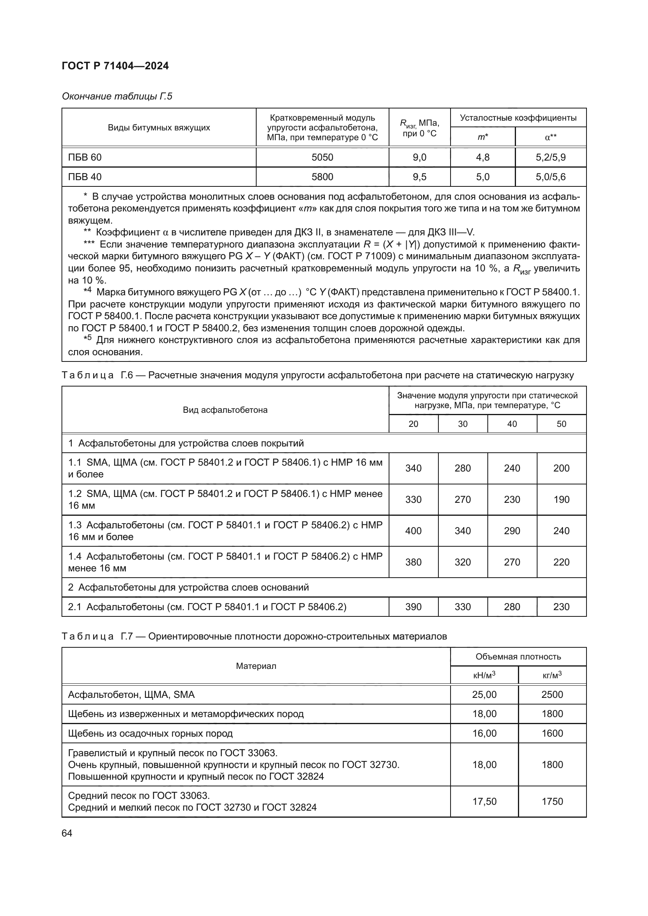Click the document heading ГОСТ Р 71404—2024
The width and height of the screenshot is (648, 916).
click(x=115, y=66)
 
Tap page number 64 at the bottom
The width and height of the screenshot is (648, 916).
click(x=67, y=833)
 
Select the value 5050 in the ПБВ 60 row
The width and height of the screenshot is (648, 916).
click(x=322, y=157)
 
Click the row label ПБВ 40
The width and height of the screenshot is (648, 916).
click(x=85, y=177)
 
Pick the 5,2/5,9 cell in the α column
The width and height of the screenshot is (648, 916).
click(x=550, y=157)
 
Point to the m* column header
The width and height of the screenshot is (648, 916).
click(x=482, y=137)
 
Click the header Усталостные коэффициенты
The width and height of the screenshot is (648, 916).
click(x=518, y=118)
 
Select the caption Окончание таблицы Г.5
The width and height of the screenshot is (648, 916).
click(x=117, y=96)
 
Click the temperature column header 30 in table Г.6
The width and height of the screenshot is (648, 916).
click(x=462, y=424)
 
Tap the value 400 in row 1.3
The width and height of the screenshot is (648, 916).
click(x=413, y=531)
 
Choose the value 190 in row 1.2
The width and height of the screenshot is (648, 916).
click(x=561, y=499)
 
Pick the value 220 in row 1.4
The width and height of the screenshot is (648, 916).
click(x=561, y=562)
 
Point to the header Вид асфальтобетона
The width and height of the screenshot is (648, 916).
click(x=225, y=410)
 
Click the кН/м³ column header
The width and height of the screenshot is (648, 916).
click(x=484, y=675)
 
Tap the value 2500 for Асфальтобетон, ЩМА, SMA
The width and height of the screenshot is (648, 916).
click(x=552, y=695)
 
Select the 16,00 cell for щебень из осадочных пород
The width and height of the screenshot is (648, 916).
click(x=484, y=733)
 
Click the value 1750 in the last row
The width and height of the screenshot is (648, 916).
click(x=552, y=802)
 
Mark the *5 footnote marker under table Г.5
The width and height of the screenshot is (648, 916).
click(x=87, y=339)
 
